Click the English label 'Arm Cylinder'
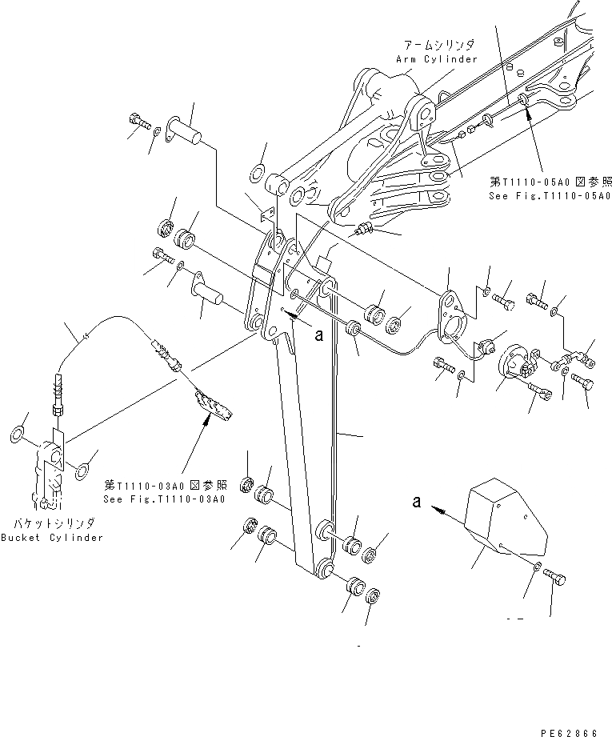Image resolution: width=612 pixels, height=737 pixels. pyautogui.click(x=436, y=59)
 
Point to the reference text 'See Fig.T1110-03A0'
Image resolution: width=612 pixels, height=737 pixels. pyautogui.click(x=164, y=499)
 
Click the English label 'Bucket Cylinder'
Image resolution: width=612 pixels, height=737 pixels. pyautogui.click(x=52, y=538)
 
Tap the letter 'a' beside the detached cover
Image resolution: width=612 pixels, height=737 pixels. pyautogui.click(x=416, y=503)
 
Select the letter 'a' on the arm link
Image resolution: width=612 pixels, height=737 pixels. pyautogui.click(x=318, y=335)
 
